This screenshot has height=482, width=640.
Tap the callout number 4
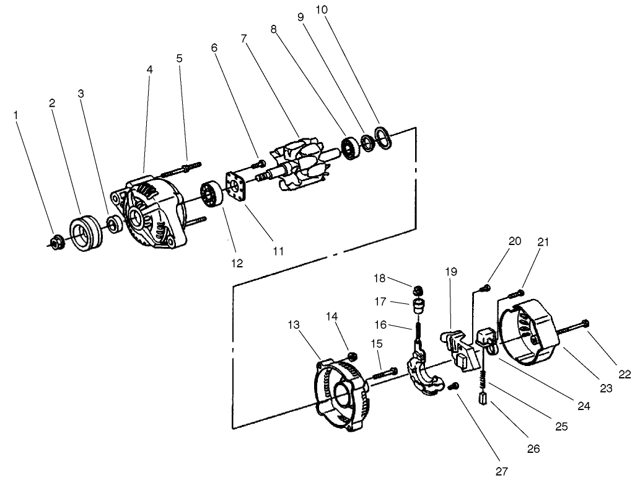(x=149, y=70)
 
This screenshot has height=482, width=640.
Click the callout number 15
(x=377, y=343)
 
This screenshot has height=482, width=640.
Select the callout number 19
(x=450, y=271)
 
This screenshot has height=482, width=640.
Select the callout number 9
(x=300, y=17)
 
